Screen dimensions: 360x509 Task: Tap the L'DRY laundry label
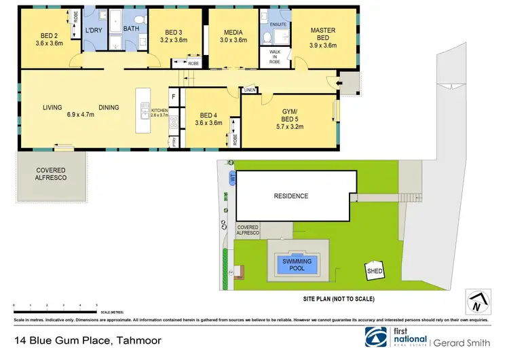(93, 31)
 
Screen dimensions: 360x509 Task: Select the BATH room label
(131, 29)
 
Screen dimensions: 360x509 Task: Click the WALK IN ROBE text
(274, 56)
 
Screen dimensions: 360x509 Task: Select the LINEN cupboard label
(249, 90)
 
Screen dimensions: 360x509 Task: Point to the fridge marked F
(173, 97)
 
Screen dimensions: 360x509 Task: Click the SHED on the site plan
(375, 271)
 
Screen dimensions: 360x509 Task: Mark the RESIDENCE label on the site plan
(290, 196)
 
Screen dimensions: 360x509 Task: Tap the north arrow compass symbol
(478, 300)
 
